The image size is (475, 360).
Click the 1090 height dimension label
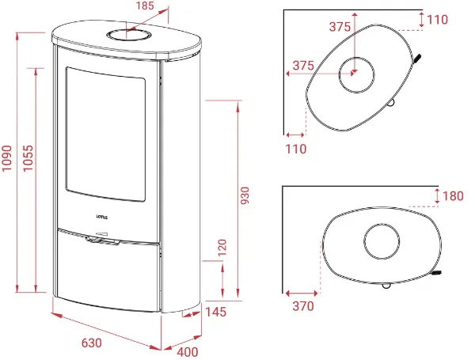tap(6, 158)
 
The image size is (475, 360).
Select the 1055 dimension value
tap(28, 158)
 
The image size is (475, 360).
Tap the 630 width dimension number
tap(92, 343)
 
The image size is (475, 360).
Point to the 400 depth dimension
tap(188, 352)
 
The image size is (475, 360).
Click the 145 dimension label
tap(216, 312)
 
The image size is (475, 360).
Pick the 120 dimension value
tap(222, 248)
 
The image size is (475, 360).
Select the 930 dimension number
tap(245, 195)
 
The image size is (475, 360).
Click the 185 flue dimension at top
tap(145, 6)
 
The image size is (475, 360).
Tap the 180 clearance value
tap(453, 196)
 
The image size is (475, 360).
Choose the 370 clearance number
tap(303, 306)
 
